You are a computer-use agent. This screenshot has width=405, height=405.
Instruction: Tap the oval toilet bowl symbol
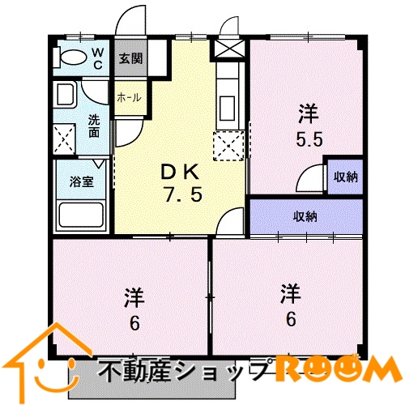coord(74,58)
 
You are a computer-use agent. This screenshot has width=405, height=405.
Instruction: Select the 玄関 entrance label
coord(130,58)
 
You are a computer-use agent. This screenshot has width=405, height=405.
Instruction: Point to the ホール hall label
coord(129,97)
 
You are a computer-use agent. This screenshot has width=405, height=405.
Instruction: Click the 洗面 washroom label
coord(94,126)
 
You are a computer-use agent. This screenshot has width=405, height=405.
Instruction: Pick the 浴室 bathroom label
coord(82,181)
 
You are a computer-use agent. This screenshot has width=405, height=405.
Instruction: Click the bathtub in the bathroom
coord(81,215)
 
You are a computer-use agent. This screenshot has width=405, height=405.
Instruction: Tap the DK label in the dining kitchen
coord(180,172)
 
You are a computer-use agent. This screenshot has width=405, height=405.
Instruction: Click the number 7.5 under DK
coord(183,195)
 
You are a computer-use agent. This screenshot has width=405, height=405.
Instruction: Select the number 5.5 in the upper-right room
coord(309,140)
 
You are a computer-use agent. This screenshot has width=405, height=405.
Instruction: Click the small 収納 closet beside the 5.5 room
coord(346,177)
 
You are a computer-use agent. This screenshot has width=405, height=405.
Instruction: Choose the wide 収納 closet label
coord(305,216)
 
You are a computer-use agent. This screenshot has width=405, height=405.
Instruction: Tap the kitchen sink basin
coord(228,109)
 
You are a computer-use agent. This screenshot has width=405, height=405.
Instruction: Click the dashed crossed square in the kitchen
coord(228,146)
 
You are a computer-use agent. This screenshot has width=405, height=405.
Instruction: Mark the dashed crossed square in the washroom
coord(64,139)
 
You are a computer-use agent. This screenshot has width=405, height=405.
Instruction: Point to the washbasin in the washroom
coord(66,95)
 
